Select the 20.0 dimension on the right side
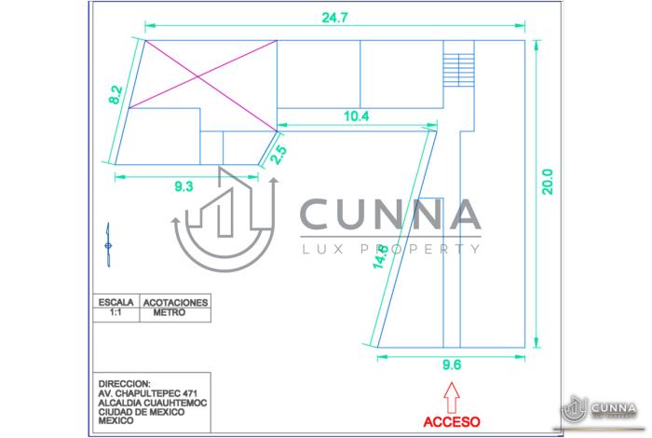548,181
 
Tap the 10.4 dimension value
356,116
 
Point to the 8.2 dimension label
115,95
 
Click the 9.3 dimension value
183,187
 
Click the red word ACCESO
452,421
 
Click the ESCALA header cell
116,303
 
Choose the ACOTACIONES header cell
175,303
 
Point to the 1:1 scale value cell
116,314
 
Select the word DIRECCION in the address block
124,383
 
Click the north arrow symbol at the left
108,244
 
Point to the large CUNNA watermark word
390,216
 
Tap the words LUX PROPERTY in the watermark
390,249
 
